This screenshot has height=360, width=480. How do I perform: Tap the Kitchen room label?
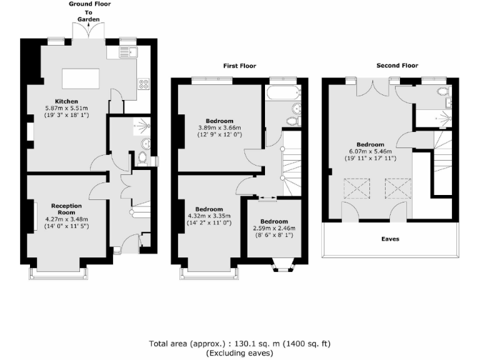(x=66, y=101)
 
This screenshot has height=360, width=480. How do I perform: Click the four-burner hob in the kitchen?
(x=143, y=84)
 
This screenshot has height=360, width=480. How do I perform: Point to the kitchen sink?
(x=127, y=52)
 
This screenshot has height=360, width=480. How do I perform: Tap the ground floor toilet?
(x=143, y=158)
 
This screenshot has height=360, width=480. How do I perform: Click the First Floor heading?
(x=239, y=66)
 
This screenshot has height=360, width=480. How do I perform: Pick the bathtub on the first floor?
(x=276, y=94)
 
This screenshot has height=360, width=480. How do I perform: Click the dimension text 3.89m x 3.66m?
(x=219, y=127)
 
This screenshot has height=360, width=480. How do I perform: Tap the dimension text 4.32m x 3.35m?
(x=209, y=216)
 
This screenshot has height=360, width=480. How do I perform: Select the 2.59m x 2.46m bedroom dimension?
(x=274, y=229)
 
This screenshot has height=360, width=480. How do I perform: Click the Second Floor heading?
(x=397, y=65)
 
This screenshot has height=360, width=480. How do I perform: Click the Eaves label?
(x=391, y=239)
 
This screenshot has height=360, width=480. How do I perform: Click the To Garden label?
(x=88, y=16)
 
